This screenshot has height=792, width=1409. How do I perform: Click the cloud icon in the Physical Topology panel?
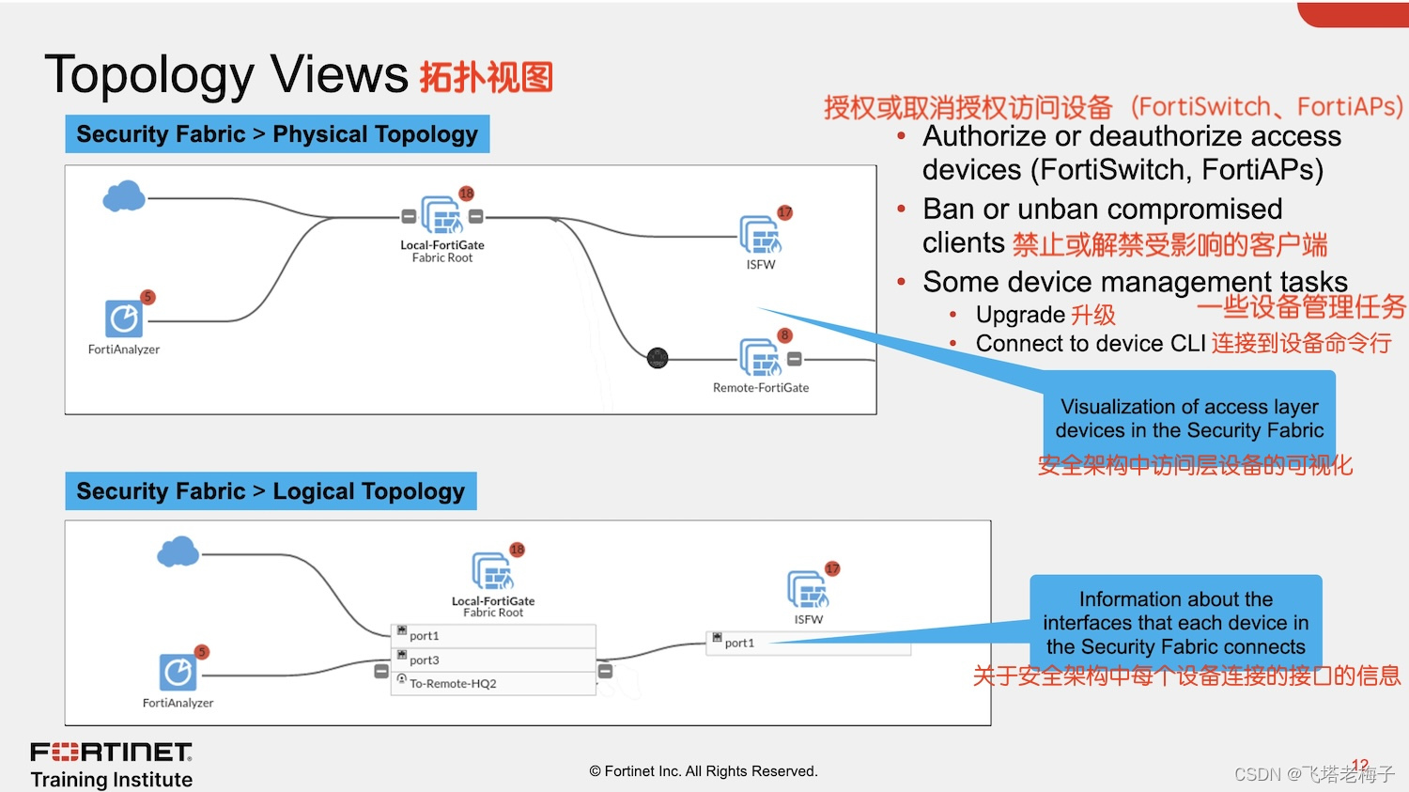(124, 196)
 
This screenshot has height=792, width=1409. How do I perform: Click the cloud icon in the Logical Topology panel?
(178, 551)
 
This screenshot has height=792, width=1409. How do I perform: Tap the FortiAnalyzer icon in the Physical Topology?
(124, 318)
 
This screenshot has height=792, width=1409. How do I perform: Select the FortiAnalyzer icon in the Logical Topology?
(178, 673)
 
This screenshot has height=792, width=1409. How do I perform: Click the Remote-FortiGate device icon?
(760, 358)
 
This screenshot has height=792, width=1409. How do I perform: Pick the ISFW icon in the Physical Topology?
(760, 235)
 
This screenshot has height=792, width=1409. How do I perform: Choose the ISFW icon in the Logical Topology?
(808, 590)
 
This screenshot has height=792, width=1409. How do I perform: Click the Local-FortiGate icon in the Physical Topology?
(441, 216)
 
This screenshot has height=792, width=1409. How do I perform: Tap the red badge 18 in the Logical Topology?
(517, 550)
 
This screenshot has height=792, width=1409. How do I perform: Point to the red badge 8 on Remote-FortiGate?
(784, 335)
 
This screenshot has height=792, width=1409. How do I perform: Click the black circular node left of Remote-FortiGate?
(658, 358)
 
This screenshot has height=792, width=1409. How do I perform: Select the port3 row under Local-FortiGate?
(493, 660)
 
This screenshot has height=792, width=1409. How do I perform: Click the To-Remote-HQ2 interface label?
(453, 684)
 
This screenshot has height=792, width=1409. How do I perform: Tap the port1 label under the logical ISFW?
(739, 644)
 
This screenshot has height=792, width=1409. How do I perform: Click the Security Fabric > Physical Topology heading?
(277, 134)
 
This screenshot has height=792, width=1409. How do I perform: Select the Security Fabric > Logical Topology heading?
(271, 491)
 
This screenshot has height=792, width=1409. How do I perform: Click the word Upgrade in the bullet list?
(1020, 315)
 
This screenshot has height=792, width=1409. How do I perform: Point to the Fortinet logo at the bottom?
(112, 753)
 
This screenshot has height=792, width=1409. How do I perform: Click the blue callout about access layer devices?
(1189, 419)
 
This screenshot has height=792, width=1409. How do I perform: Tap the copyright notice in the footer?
(704, 771)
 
